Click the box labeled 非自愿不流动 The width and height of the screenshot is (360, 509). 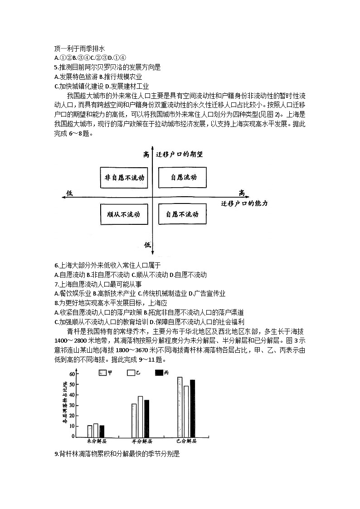point(124,178)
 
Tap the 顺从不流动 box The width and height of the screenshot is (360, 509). point(124,214)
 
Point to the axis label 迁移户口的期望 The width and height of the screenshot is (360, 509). point(179,154)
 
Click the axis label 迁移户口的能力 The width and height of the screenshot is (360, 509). point(244,204)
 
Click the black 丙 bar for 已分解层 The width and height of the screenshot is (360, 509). point(192,408)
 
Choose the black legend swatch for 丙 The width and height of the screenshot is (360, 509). point(159,373)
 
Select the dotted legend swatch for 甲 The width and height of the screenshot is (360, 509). point(102,373)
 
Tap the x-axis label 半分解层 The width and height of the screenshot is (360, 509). point(141,441)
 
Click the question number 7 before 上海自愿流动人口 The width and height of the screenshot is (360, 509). point(56,284)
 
